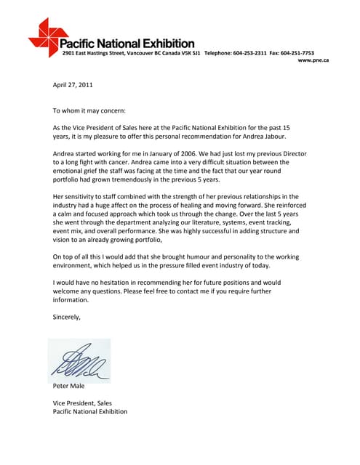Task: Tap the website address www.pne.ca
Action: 313,60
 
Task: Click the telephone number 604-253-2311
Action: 250,53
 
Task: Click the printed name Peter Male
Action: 69,386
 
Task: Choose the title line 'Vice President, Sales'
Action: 82,403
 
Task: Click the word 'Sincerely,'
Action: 67,317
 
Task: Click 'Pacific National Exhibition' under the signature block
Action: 90,411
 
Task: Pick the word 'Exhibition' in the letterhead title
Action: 164,43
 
